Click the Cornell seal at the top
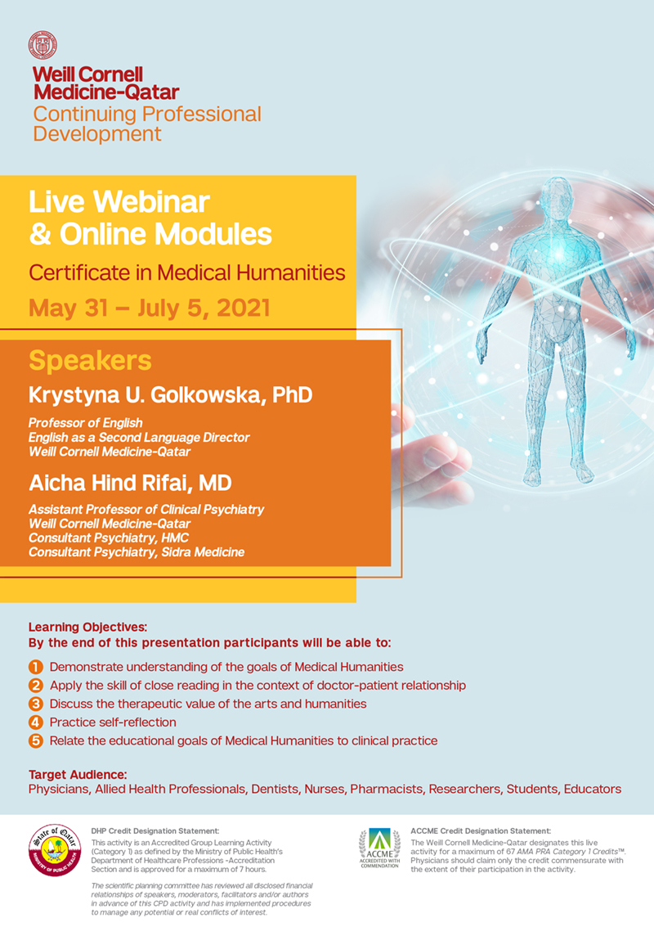tap(43, 46)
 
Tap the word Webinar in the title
tap(151, 202)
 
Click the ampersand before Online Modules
tap(39, 234)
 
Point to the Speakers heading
tap(90, 361)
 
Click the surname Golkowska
tap(207, 395)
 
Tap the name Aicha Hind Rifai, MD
tap(130, 483)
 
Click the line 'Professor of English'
tap(85, 423)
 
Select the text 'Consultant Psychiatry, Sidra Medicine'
tap(137, 552)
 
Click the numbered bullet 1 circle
tap(36, 667)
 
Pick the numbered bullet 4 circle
tap(36, 722)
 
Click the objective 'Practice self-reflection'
tap(113, 722)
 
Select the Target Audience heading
tap(78, 775)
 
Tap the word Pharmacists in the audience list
tap(387, 789)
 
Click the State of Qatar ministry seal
tap(55, 850)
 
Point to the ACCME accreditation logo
tap(380, 848)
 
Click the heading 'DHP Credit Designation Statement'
tap(155, 830)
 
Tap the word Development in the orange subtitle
tap(97, 133)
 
